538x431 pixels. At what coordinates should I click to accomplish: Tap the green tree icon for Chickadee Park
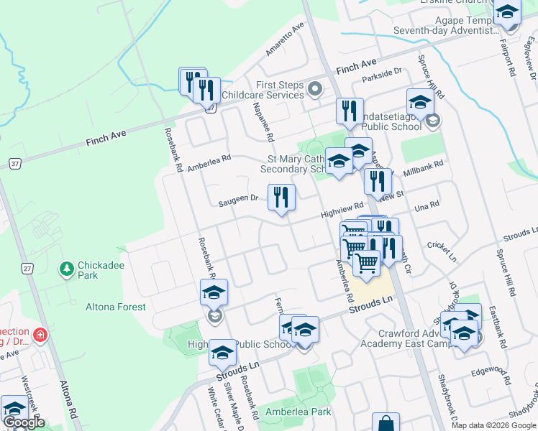click(x=67, y=268)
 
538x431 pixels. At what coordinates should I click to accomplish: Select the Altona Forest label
click(x=115, y=307)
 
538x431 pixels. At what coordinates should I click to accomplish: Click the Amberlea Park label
click(x=298, y=412)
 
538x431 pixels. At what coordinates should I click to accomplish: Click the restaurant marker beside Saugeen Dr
click(x=281, y=198)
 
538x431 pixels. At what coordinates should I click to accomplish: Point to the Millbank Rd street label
click(x=424, y=168)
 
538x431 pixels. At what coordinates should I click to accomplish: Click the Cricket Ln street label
click(x=442, y=251)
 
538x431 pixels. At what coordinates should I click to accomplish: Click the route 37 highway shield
click(x=15, y=164)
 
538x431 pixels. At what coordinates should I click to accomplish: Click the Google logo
click(x=24, y=422)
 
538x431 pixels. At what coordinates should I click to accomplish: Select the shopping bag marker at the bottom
click(x=386, y=423)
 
